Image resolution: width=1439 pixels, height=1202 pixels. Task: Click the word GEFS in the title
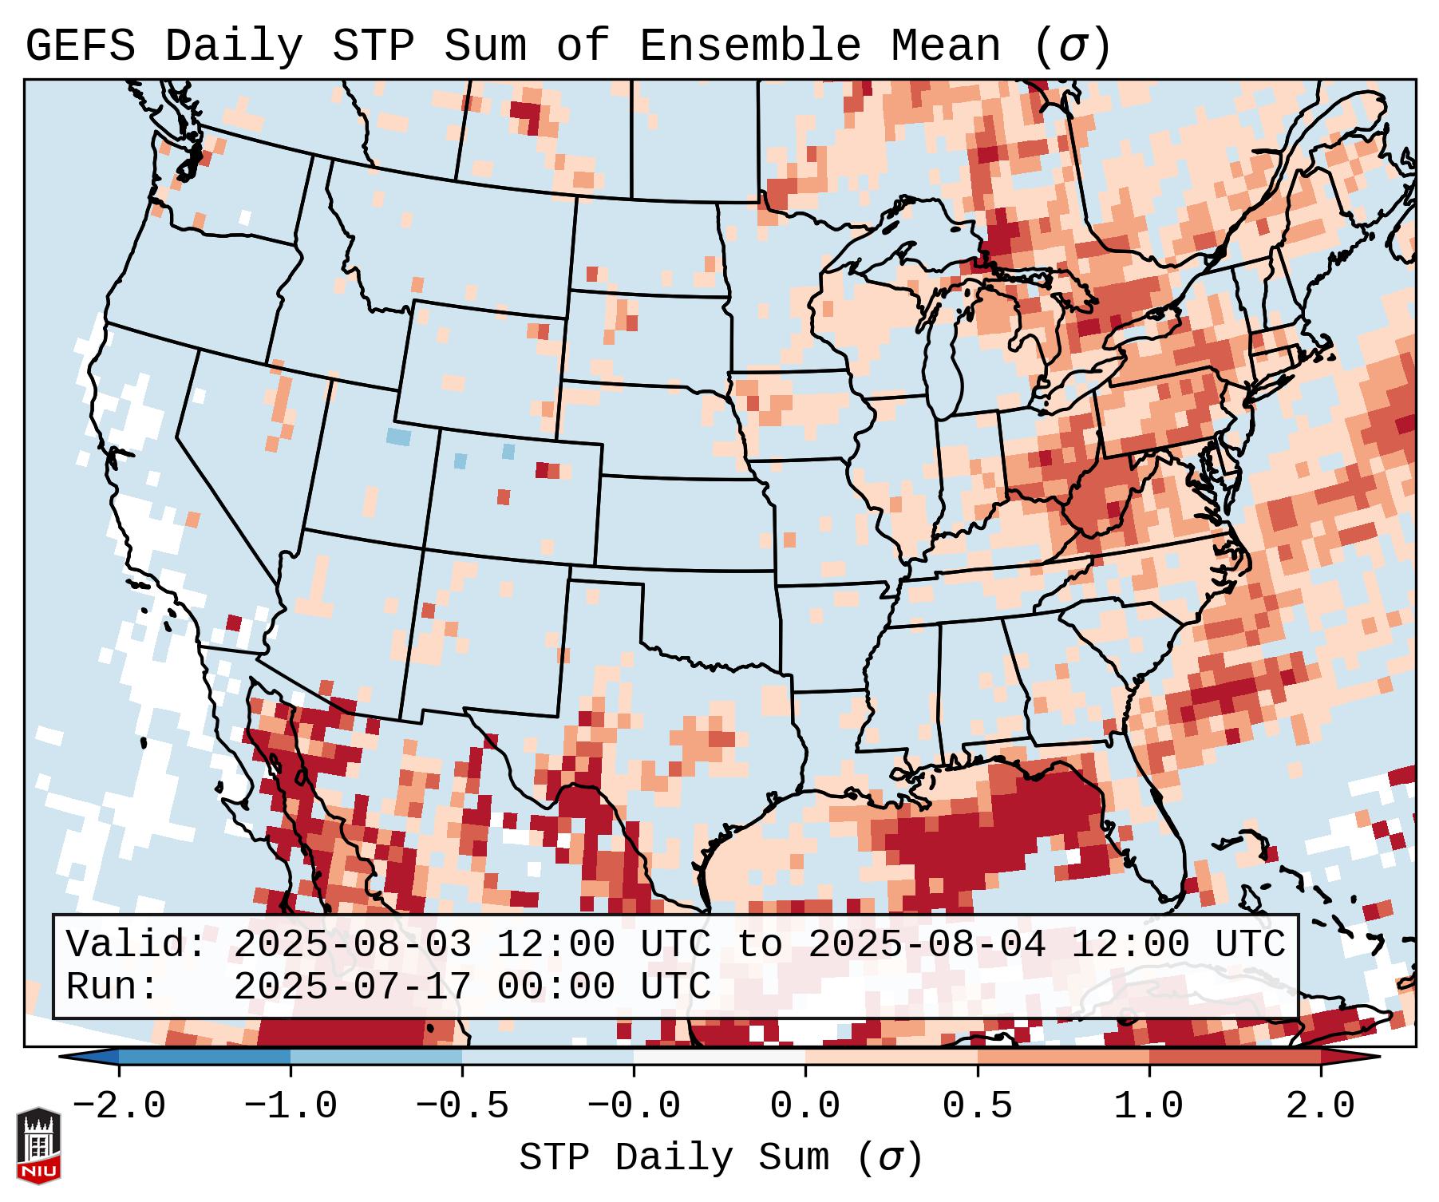click(80, 46)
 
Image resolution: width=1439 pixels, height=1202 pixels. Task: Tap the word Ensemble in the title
click(750, 46)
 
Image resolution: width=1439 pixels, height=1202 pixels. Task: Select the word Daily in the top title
click(234, 46)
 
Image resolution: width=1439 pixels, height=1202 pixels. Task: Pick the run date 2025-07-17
click(352, 987)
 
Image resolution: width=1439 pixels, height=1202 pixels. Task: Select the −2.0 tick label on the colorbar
click(119, 1106)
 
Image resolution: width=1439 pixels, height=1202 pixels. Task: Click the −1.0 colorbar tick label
click(291, 1106)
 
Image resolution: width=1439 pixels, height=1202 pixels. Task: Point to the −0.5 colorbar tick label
click(462, 1106)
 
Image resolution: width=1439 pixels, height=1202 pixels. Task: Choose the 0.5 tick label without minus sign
click(977, 1106)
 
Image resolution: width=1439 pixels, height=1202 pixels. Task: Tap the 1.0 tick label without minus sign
click(1148, 1106)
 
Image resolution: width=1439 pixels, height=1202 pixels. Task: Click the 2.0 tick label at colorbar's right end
click(1320, 1106)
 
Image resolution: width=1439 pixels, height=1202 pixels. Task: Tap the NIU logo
click(38, 1146)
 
